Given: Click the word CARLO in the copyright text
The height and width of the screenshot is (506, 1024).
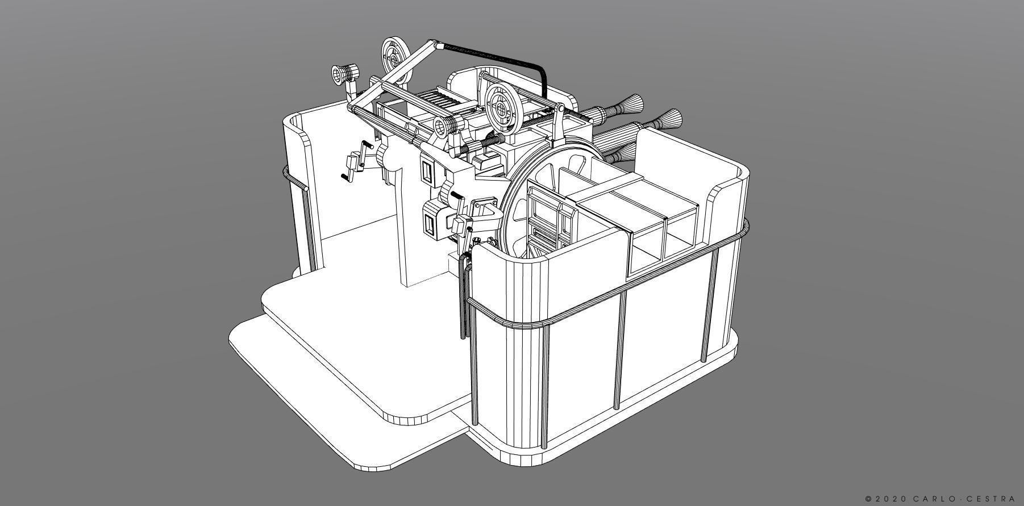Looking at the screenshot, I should [931, 499].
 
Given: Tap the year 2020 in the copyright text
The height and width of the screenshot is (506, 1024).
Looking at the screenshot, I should [890, 499].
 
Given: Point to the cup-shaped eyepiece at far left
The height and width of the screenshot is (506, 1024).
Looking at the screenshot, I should [343, 74].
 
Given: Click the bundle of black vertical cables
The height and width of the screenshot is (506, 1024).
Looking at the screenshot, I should [465, 295].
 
